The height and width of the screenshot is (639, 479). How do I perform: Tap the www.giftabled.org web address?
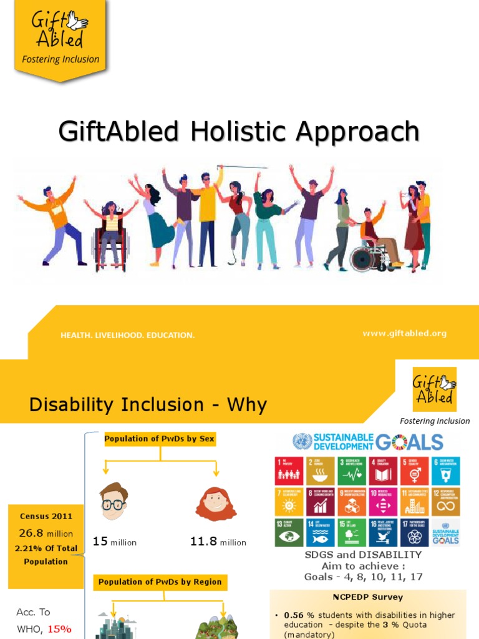coord(404,333)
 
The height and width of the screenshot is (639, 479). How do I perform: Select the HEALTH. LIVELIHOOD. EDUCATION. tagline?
coord(127,335)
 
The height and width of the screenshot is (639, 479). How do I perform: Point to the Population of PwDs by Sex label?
coord(159,439)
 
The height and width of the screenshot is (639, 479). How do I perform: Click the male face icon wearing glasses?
coord(114,501)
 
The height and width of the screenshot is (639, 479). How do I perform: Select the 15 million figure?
coord(114,542)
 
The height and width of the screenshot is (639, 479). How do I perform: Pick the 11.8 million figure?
coord(218,542)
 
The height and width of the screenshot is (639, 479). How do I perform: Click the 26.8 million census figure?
coord(46,533)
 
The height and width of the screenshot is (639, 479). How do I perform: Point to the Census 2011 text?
coord(46,516)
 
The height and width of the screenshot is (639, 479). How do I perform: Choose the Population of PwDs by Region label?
coord(159,582)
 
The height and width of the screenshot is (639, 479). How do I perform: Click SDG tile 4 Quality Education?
coord(383,470)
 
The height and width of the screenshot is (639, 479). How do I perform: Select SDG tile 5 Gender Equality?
coord(414,470)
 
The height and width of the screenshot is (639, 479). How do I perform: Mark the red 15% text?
coord(59,629)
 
